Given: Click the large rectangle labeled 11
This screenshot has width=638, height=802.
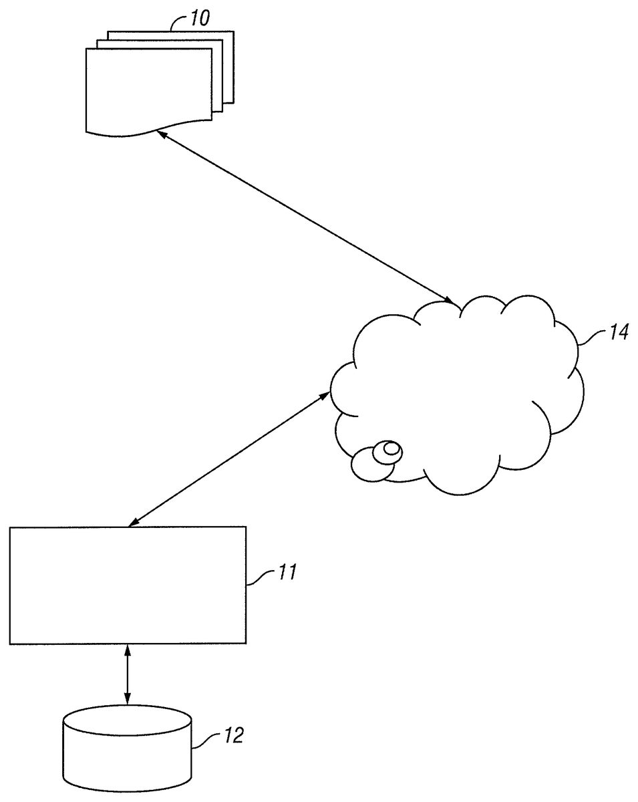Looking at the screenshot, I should [x=128, y=585].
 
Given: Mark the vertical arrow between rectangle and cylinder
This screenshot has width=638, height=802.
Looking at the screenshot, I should [x=128, y=674].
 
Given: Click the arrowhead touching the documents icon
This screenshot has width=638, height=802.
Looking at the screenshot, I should [x=161, y=133].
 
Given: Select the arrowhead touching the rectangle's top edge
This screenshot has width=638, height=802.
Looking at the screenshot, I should [x=132, y=523].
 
